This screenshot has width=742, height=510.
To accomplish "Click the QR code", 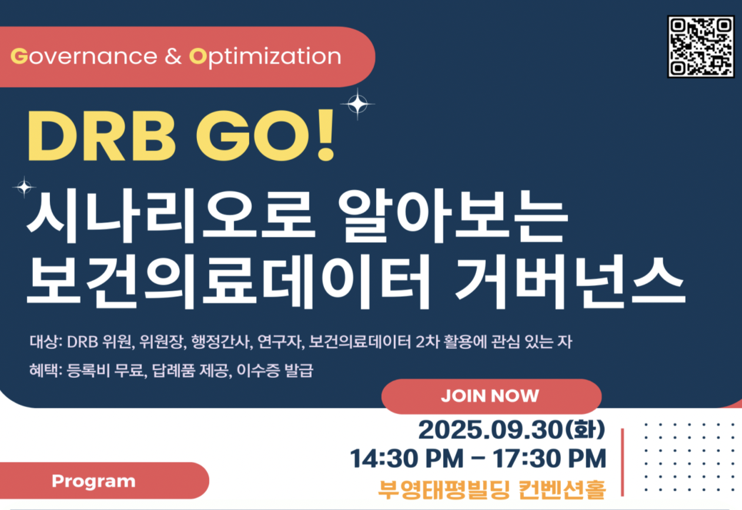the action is pos(701,46).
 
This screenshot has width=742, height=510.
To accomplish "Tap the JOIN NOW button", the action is pos(492,396).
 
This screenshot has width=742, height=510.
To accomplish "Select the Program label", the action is pos(93,481).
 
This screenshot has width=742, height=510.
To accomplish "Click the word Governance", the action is pos(84,56).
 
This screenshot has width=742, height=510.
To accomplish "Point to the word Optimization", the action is pos(265,58).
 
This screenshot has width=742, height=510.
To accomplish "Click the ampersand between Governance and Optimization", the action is pos(173,56).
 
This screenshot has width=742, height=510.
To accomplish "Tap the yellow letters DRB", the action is pos(101,136).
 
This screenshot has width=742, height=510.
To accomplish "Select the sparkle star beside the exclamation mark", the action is pos(357,104).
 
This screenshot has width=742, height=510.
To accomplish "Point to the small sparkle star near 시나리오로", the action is pos(24,187).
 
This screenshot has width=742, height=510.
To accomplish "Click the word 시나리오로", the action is pos(171,216).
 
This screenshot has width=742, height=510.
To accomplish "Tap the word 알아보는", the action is pos(453,216).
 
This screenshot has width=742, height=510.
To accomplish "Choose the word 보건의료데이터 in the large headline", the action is pos(228,281).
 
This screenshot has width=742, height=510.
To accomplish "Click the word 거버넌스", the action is pos(570,281).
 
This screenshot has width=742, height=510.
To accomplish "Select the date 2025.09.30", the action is pos(490,430).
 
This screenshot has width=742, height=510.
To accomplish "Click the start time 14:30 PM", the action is pos(407,459).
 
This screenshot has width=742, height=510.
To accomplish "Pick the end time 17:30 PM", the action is pos(550,459).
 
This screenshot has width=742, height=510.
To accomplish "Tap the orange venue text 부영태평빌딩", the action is pos(443,490).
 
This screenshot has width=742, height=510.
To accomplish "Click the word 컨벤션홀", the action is pos(562,490).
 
